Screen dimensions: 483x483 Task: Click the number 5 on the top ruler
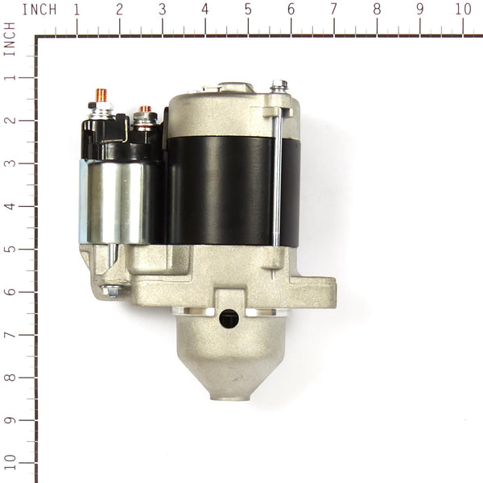pyautogui.click(x=247, y=10)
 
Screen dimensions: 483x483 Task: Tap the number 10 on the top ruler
pyautogui.click(x=463, y=10)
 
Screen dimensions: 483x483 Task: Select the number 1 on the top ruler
pyautogui.click(x=76, y=10)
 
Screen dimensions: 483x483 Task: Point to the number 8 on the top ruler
pyautogui.click(x=377, y=10)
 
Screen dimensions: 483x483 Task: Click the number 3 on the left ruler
pyautogui.click(x=10, y=163)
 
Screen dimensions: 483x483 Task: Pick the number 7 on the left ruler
pyautogui.click(x=10, y=334)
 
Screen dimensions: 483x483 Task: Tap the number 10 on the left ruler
pyautogui.click(x=10, y=463)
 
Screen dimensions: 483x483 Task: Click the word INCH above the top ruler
pyautogui.click(x=39, y=10)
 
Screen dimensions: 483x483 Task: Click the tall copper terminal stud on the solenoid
pyautogui.click(x=102, y=97)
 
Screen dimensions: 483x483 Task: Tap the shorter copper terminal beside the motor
pyautogui.click(x=146, y=113)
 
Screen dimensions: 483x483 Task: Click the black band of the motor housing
pyautogui.click(x=229, y=189)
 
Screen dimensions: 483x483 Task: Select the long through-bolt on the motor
pyautogui.click(x=276, y=177)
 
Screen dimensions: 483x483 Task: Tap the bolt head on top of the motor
pyautogui.click(x=279, y=85)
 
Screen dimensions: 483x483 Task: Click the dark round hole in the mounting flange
pyautogui.click(x=229, y=318)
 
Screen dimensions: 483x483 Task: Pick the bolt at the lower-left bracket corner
pyautogui.click(x=113, y=292)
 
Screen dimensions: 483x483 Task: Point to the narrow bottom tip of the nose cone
pyautogui.click(x=232, y=394)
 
